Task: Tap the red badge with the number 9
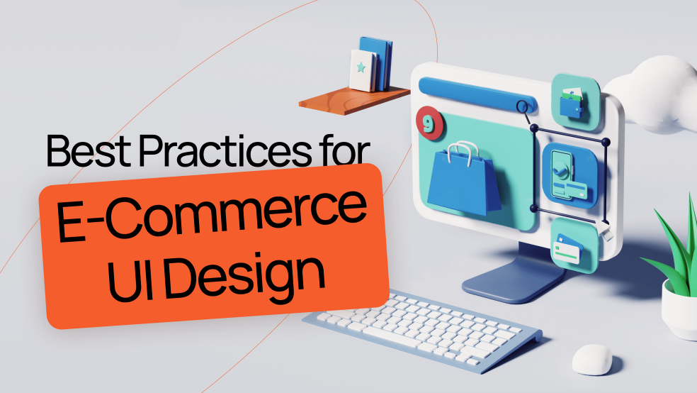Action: coord(429,121)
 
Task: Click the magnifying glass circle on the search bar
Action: coord(523,107)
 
